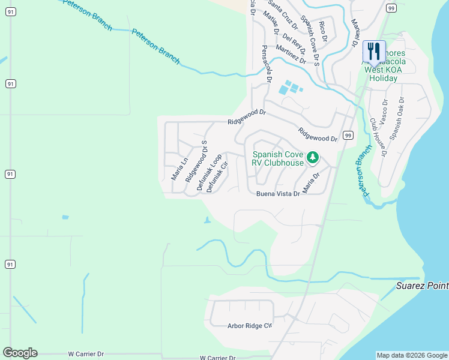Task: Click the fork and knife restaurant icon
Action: (374, 50)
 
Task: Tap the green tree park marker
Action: (312, 158)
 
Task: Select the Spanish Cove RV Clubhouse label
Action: (278, 158)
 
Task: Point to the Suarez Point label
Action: (422, 286)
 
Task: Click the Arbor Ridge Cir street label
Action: (250, 326)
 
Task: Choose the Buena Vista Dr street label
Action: (278, 194)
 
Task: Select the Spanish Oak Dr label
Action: (400, 118)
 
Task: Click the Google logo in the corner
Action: (20, 353)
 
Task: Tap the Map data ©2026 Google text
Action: (412, 355)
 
